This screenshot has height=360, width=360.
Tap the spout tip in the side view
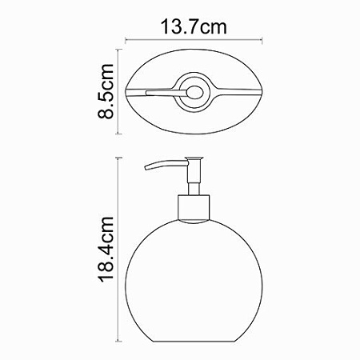[146, 169]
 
